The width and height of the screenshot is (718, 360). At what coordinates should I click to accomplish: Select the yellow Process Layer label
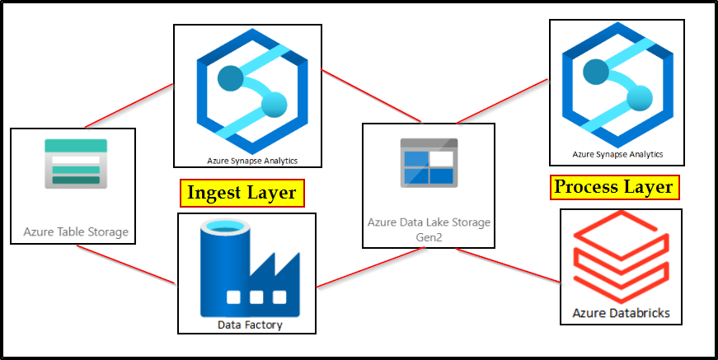614,188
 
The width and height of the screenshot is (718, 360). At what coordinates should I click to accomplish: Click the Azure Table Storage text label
76,231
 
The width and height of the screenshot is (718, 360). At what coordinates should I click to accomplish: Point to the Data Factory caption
250,325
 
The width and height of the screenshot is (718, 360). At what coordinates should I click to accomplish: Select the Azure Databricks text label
621,313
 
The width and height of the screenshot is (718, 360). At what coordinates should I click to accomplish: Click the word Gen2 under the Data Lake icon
428,236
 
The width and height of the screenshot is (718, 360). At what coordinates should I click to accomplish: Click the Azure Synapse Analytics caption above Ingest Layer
247,161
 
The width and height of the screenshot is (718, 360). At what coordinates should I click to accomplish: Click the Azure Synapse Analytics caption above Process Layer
617,154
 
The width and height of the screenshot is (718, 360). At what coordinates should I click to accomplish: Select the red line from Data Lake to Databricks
528,266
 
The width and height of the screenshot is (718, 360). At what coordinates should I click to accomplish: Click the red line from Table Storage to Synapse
129,106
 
